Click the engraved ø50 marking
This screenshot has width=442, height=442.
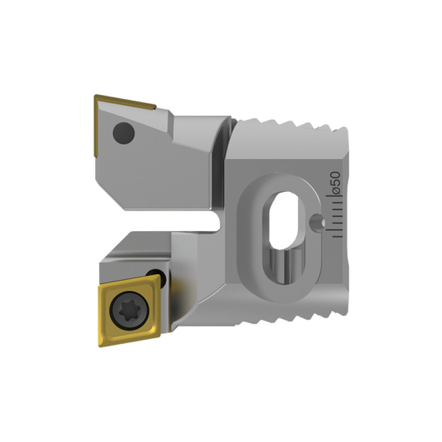coord(337,183)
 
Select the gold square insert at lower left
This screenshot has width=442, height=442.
coord(129,310)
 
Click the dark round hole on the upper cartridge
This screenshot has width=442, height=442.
coord(123,133)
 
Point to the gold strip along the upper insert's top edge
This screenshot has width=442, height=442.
coord(125,102)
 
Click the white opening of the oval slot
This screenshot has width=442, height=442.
coord(283,220)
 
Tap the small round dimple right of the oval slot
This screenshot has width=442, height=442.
coord(316,221)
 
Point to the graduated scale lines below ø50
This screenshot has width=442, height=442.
coord(334,216)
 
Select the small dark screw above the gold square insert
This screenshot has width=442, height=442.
coord(157,278)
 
